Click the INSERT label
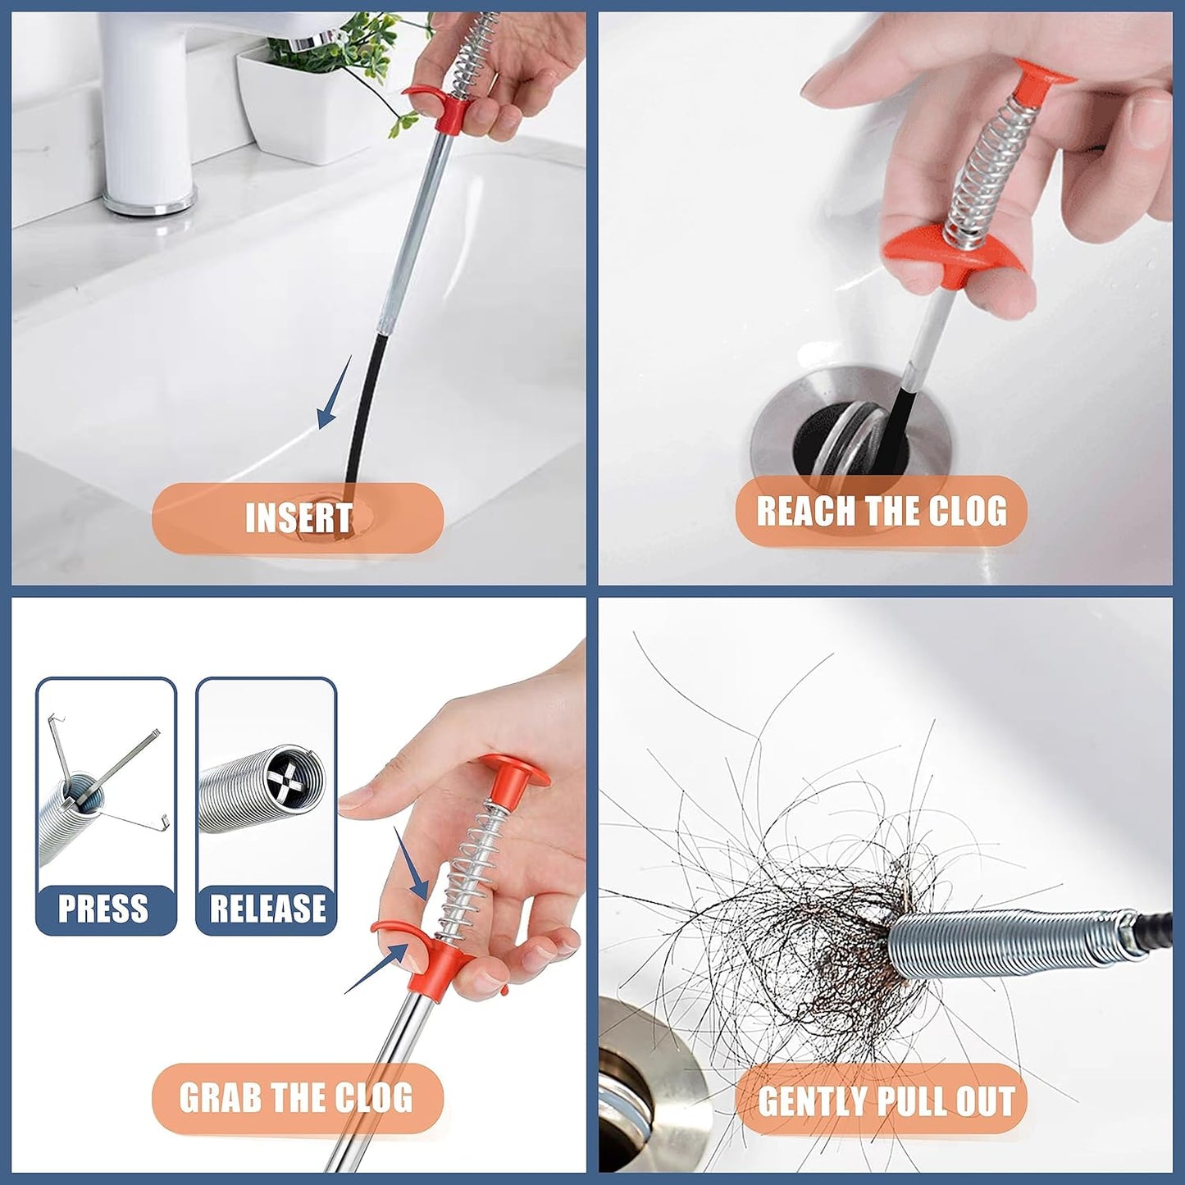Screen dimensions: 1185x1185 click(x=299, y=518)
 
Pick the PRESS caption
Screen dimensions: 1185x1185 click(x=103, y=909)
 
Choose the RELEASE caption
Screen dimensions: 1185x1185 click(x=267, y=909)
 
